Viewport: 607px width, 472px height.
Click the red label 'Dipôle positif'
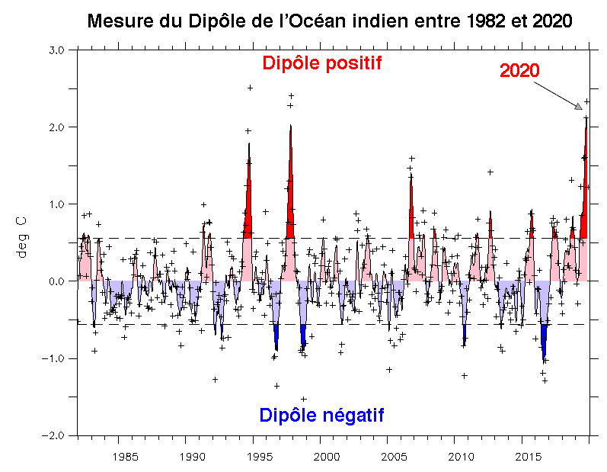point(321,63)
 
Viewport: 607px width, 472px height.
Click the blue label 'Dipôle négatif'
point(321,416)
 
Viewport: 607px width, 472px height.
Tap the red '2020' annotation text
point(519,70)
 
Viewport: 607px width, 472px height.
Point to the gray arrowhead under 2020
point(578,106)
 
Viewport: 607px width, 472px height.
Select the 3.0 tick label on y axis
point(59,50)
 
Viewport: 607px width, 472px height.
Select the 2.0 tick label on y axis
point(59,127)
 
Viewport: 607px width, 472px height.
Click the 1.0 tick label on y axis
point(59,204)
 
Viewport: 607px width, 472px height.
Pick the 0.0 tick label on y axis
point(59,281)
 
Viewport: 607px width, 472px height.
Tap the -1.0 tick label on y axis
point(56,358)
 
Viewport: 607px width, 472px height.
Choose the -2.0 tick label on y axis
point(56,435)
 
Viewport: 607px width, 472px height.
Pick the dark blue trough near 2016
point(544,343)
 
